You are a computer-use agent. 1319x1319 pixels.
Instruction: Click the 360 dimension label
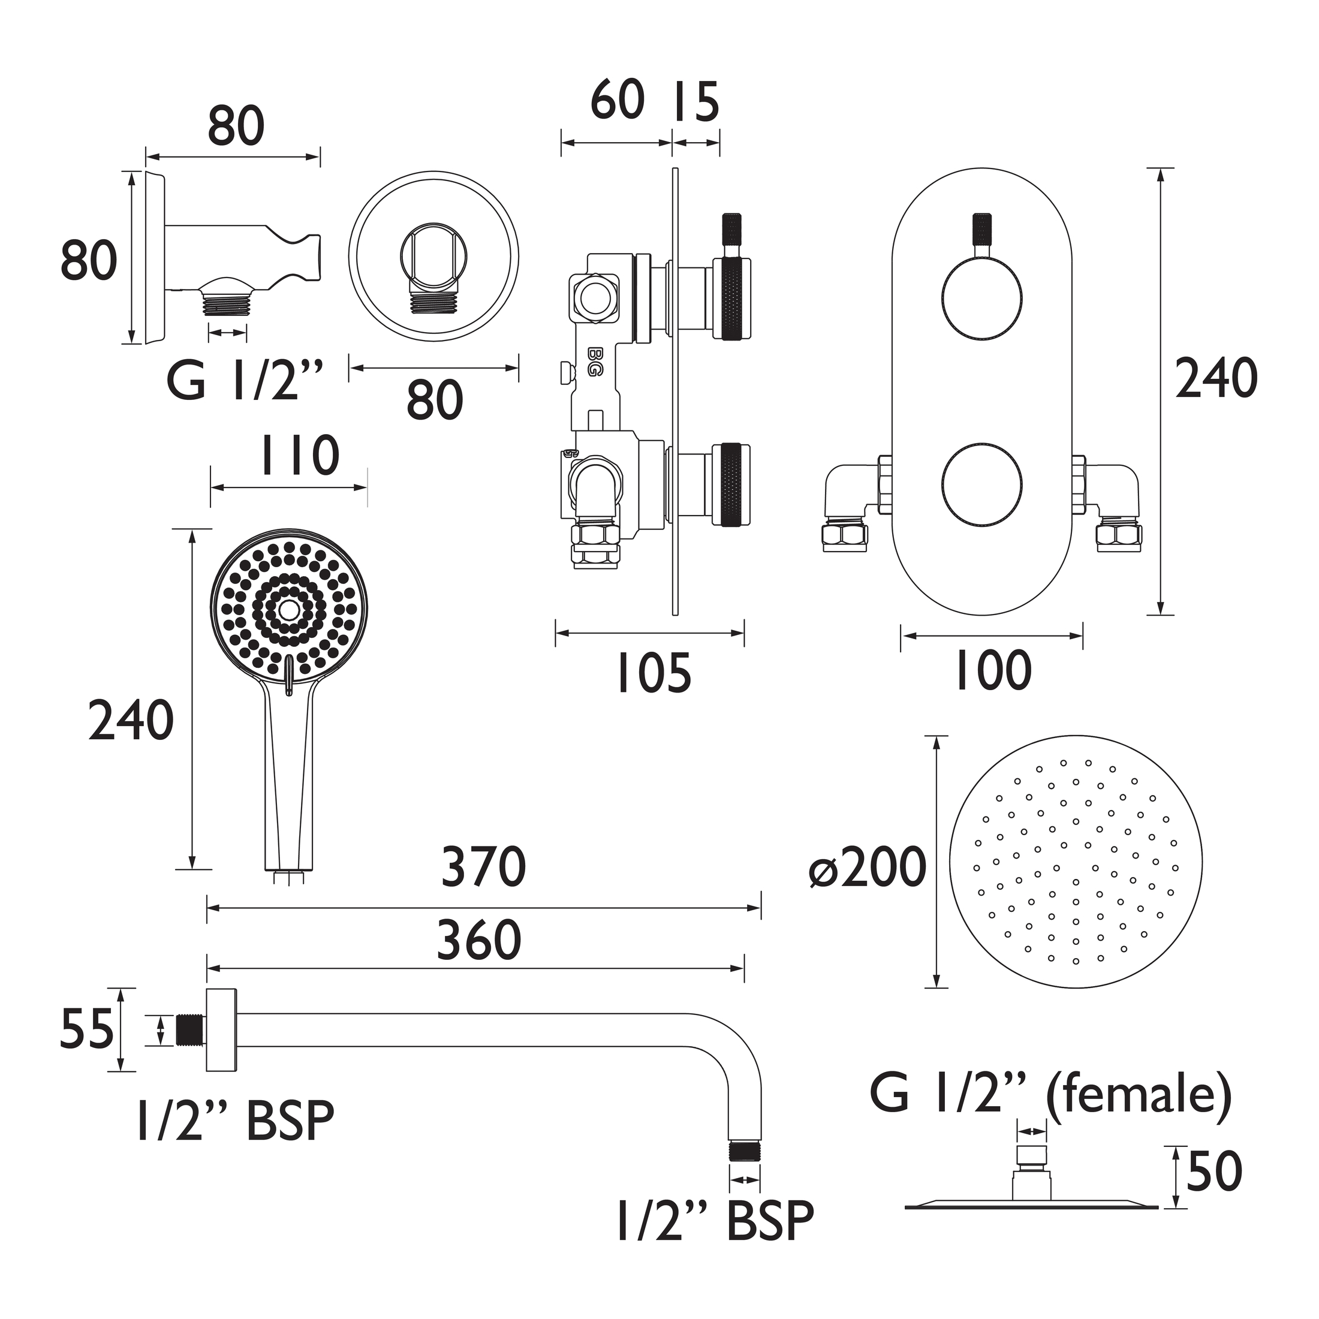479,939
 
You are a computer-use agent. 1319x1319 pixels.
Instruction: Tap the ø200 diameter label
867,867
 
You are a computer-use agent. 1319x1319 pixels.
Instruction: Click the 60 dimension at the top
617,100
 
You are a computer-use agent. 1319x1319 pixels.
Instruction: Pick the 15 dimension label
696,102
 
